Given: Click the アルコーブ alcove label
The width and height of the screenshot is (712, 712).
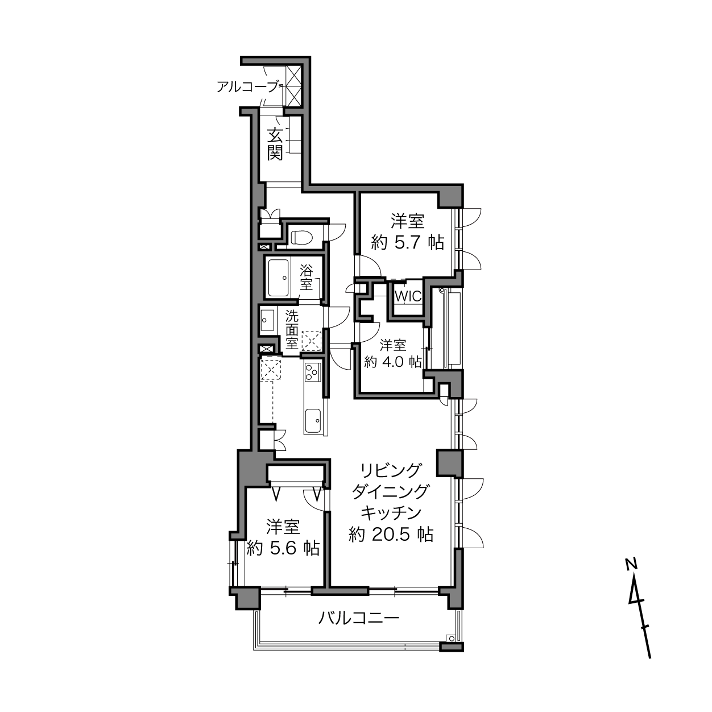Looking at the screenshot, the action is tap(247, 87).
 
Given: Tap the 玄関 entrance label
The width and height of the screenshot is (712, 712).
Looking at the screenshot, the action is tap(275, 144).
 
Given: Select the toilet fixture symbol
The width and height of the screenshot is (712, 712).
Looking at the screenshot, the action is tap(302, 238).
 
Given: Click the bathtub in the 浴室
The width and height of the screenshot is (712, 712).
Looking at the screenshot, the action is tap(278, 278).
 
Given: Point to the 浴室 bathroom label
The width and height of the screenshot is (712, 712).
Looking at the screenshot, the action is tap(306, 278).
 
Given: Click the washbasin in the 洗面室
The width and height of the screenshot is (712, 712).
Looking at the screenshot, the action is tap(267, 320).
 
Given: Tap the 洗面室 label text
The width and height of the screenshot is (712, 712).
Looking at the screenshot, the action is tap(292, 330).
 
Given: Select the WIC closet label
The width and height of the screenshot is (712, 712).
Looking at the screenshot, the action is tap(408, 296).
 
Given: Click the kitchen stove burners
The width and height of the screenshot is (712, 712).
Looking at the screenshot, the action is tap(313, 372).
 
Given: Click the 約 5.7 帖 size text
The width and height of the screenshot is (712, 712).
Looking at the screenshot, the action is tap(407, 243).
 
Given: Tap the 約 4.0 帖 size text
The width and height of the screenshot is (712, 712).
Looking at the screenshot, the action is tap(393, 362).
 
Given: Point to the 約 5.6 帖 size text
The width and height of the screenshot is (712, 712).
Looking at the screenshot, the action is tap(283, 548).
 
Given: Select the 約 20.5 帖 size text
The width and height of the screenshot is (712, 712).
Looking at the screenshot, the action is tap(391, 534).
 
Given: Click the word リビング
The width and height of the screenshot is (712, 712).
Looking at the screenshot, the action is tap(391, 470).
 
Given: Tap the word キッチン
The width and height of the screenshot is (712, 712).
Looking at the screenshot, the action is tap(391, 512).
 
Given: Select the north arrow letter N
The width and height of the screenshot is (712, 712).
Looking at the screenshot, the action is tap(631, 564).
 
